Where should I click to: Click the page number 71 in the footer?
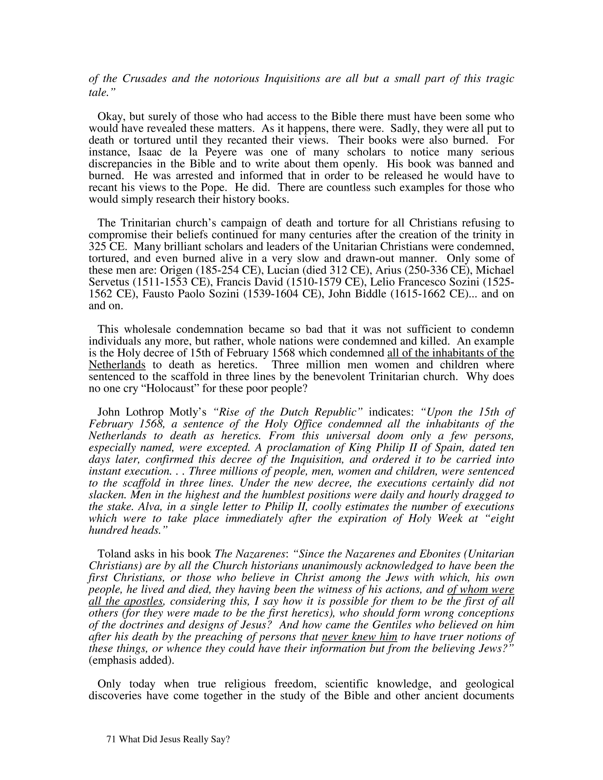pyautogui.click(x=111, y=739)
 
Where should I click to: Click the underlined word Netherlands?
pyautogui.click(x=117, y=365)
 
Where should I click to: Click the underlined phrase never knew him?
pyautogui.click(x=360, y=637)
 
